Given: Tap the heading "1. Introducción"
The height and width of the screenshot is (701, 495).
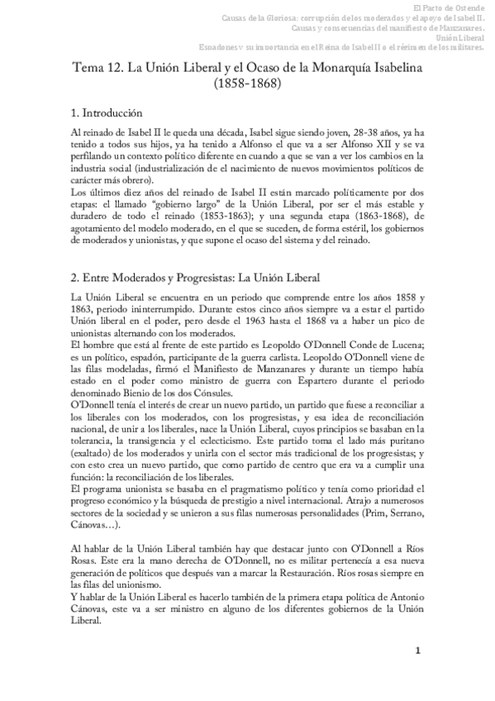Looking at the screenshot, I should click(107, 113).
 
